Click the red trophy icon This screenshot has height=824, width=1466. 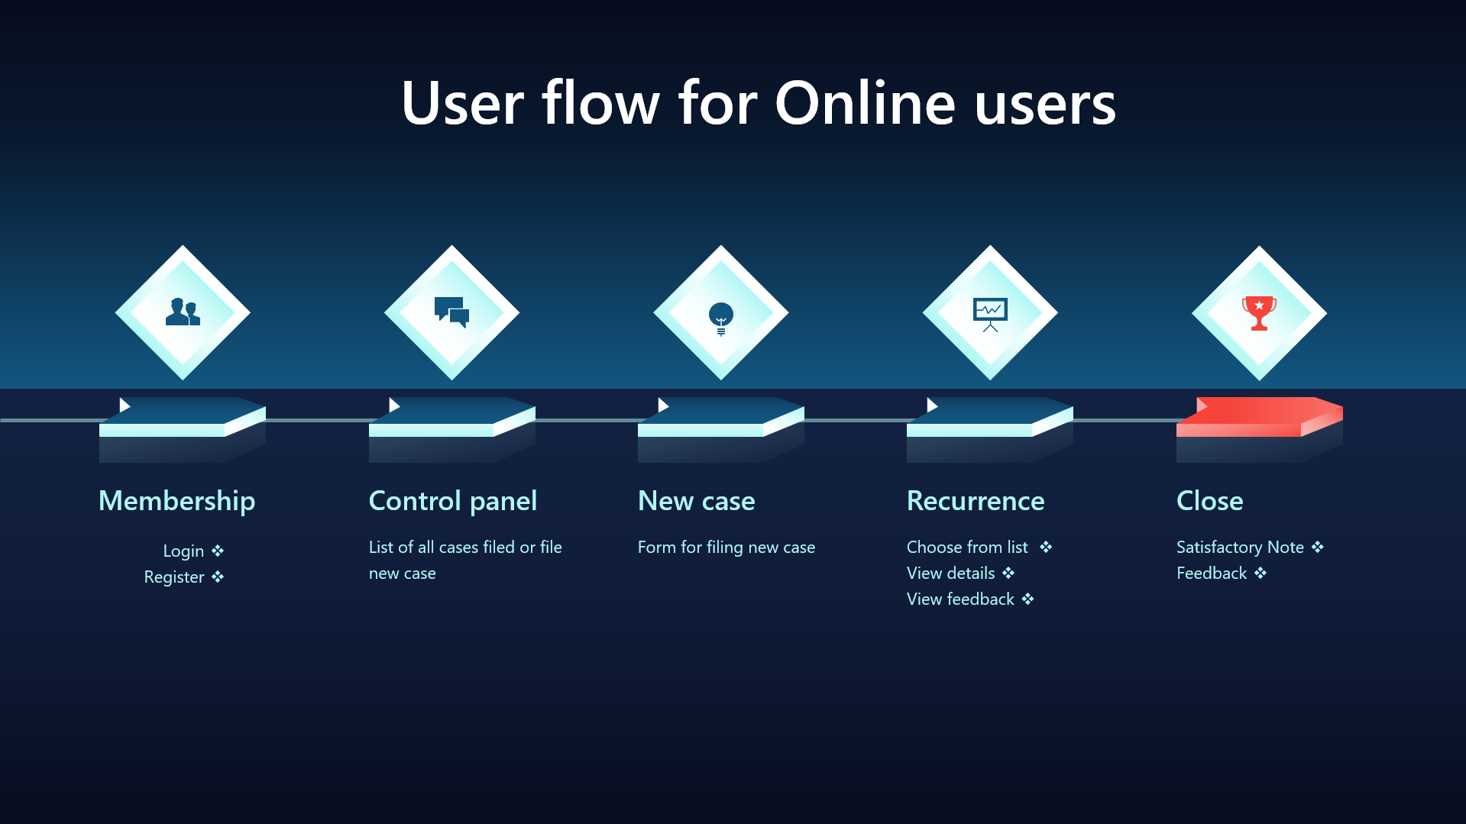(x=1259, y=313)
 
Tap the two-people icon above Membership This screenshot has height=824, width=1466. (x=183, y=312)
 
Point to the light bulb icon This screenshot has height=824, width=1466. (x=720, y=318)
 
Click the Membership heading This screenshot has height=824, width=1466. (x=177, y=502)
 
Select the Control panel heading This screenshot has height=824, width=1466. (x=453, y=502)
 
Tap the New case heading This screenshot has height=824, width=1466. (x=697, y=501)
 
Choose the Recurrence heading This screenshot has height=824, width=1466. (x=976, y=501)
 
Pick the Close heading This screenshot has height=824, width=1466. (x=1210, y=501)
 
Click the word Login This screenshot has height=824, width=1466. (x=183, y=551)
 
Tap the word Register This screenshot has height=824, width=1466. (x=174, y=577)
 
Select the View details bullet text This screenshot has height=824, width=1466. (x=951, y=573)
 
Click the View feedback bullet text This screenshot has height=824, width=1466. (x=960, y=599)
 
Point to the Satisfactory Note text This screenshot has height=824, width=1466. (x=1240, y=548)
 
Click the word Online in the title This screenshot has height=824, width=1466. (x=866, y=103)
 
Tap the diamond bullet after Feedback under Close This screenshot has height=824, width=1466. (x=1261, y=573)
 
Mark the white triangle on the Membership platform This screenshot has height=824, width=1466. (x=125, y=405)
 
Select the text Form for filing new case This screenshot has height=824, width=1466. (x=727, y=548)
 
